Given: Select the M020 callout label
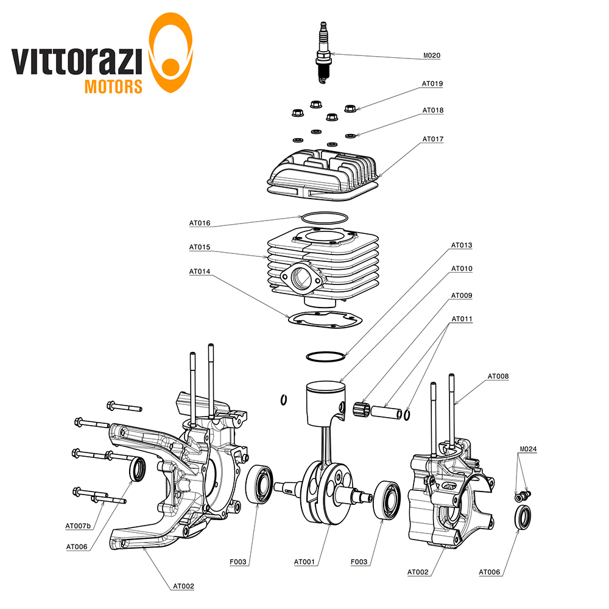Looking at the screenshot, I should pyautogui.click(x=432, y=55).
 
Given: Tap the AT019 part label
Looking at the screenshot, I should pyautogui.click(x=432, y=83).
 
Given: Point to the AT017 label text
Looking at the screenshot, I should pyautogui.click(x=433, y=139).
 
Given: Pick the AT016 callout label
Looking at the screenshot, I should pyautogui.click(x=199, y=224).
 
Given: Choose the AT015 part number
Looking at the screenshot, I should pyautogui.click(x=199, y=248).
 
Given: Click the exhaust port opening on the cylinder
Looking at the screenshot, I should pyautogui.click(x=302, y=278).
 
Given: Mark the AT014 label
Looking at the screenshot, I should pyautogui.click(x=199, y=272).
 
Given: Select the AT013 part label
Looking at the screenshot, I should pyautogui.click(x=462, y=245).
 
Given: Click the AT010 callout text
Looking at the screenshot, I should pyautogui.click(x=462, y=269).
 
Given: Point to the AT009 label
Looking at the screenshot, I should pyautogui.click(x=462, y=295).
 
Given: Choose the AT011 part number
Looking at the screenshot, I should pyautogui.click(x=462, y=319).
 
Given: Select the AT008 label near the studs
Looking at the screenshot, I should pyautogui.click(x=498, y=376).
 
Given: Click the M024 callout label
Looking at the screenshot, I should pyautogui.click(x=527, y=449).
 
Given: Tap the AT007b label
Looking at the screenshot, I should pyautogui.click(x=78, y=526).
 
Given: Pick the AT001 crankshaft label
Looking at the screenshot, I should pyautogui.click(x=304, y=562).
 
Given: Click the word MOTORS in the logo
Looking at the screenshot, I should pyautogui.click(x=113, y=86).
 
